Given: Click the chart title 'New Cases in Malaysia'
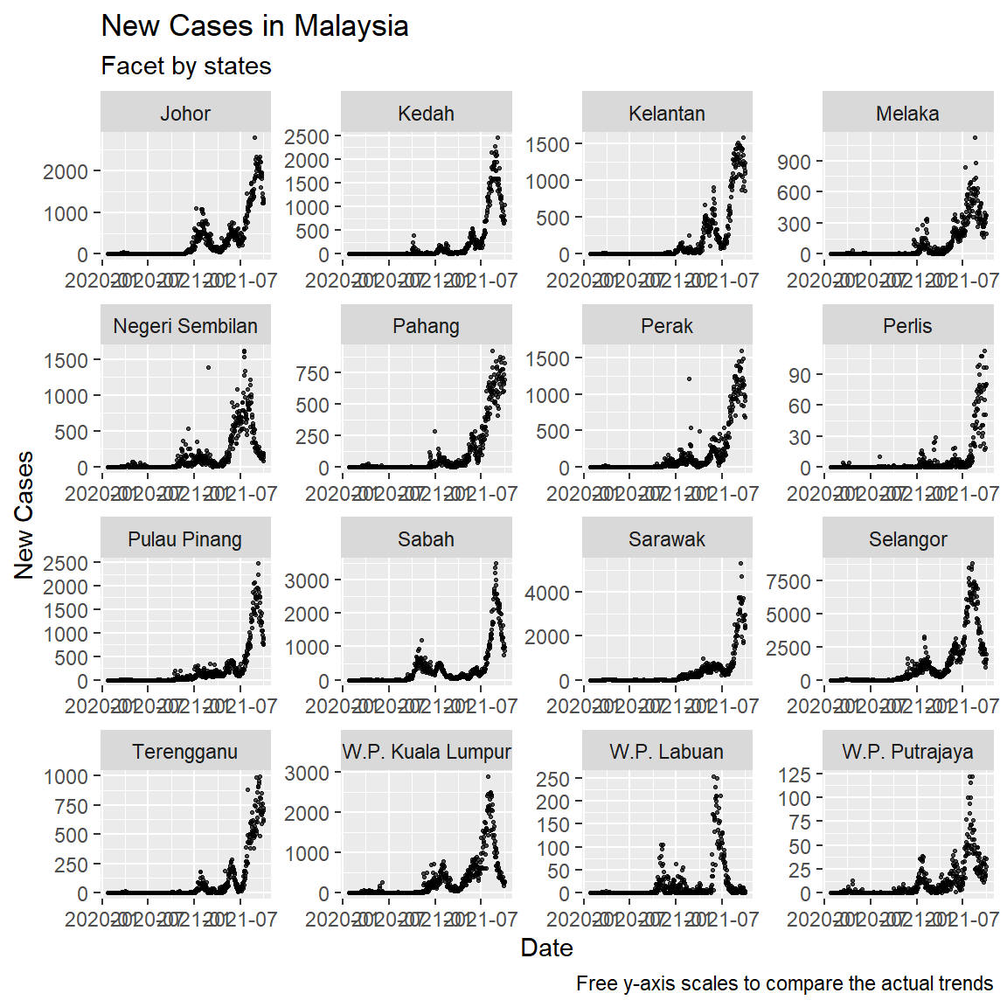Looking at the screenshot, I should pos(254,26).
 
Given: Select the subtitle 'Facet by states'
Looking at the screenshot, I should pos(186,66).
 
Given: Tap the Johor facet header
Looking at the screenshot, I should pos(185,114).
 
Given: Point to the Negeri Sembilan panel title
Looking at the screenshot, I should pos(185,326).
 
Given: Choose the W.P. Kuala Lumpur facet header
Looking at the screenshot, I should pos(427,752).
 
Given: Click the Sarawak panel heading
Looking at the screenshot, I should pos(667,539).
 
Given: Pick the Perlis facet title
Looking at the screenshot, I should pos(907,326).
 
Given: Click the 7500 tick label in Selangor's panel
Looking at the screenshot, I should pos(788,581).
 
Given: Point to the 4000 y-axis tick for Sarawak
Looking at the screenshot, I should pos(547,593).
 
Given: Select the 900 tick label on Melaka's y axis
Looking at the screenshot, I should pos(794,162).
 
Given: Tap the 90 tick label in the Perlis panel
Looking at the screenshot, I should pos(799,375).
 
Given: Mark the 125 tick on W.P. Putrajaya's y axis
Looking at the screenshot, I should pos(794,774).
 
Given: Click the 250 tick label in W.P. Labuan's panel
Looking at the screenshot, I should pos(552,779).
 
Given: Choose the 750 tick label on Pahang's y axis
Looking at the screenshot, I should pos(312,373).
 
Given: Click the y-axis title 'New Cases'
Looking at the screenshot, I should pos(24,515).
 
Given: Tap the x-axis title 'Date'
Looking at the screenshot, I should pos(546,948).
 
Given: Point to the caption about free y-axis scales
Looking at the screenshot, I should pos(784,983).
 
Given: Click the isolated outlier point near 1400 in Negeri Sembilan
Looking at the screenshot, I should pos(208,367).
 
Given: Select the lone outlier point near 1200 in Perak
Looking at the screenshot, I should pos(689,378).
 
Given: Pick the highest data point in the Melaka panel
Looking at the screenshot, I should pos(975,137).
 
